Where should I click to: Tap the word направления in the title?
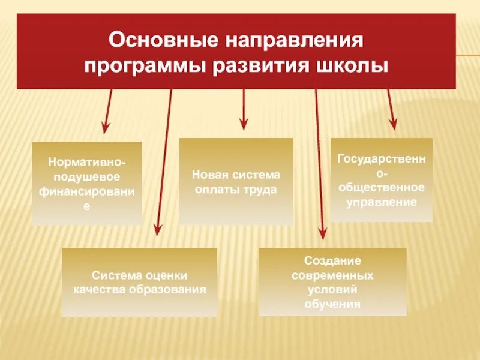point(293,42)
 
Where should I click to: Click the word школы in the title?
point(352,64)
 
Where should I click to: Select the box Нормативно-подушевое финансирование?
point(86,184)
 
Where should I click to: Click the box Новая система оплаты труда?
point(236,181)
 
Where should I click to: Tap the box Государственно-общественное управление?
point(381,180)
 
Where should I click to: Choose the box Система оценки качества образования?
point(140,282)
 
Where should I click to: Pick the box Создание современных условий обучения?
point(332,282)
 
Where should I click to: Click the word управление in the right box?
point(382,202)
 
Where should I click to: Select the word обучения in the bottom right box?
point(332,304)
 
